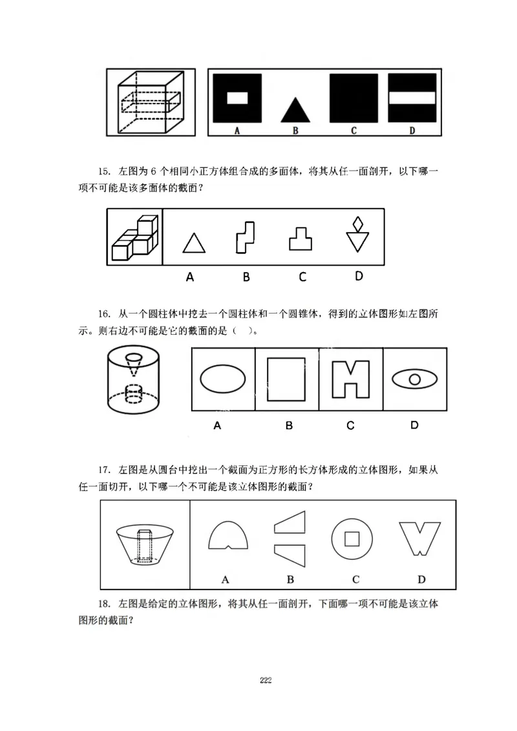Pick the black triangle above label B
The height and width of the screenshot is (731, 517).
tap(295, 111)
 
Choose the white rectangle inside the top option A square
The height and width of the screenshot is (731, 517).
tap(237, 98)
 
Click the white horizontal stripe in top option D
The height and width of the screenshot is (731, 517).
tap(412, 97)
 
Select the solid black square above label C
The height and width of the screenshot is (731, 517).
tap(353, 98)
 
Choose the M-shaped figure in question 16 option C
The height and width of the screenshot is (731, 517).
tap(350, 379)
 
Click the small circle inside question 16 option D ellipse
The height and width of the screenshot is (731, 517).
tap(415, 378)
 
